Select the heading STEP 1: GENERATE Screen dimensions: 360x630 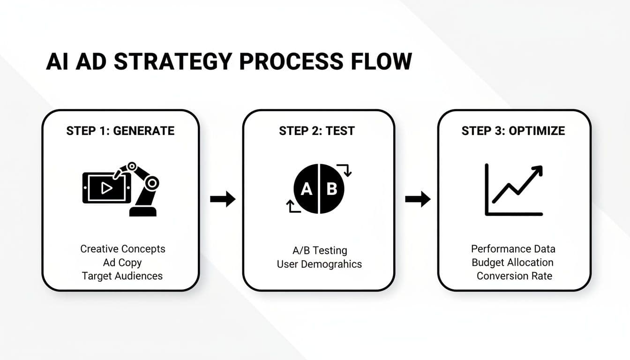pos(120,131)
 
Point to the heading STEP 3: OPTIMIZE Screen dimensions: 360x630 pos(513,131)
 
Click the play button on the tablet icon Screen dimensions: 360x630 pos(106,188)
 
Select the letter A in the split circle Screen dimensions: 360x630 pos(306,189)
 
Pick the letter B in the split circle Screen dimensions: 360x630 pos(332,189)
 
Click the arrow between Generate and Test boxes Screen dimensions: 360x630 pos(223,199)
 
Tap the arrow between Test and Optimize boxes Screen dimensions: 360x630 pos(418,199)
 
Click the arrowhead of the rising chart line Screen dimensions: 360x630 pos(537,171)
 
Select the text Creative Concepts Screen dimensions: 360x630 pos(123,248)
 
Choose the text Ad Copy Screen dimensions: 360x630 pos(122,262)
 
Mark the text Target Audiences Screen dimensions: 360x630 pos(122,276)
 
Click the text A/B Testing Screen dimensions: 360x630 pos(319,250)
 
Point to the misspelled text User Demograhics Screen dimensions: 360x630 pos(319,264)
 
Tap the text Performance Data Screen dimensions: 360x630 pos(513,248)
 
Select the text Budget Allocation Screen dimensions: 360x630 pos(512,262)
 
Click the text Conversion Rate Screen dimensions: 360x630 pos(514,276)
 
